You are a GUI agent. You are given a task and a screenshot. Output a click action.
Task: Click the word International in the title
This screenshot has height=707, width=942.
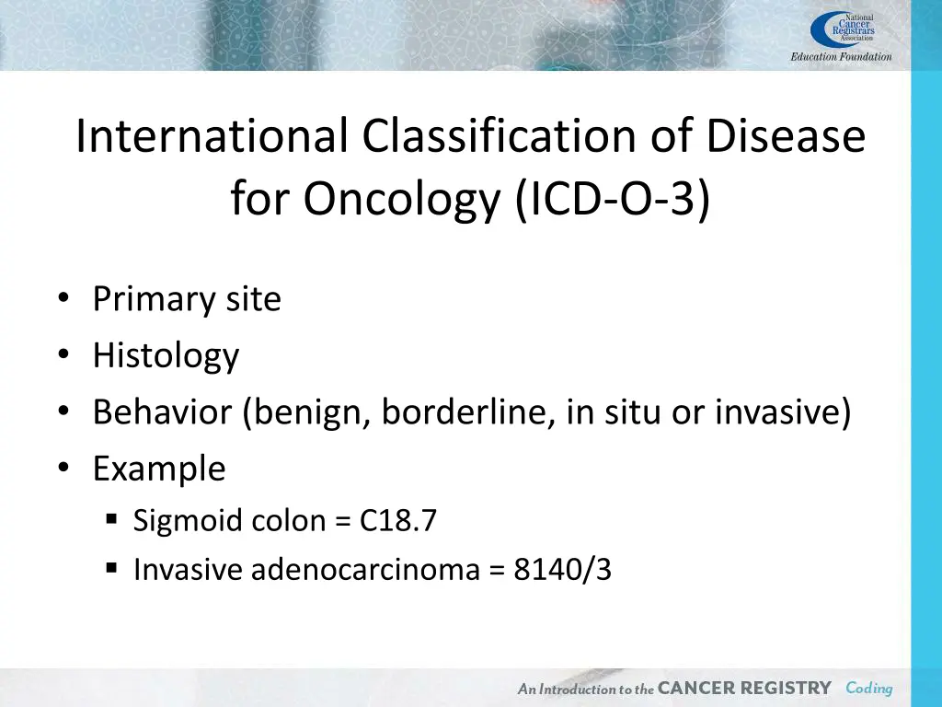pyautogui.click(x=212, y=137)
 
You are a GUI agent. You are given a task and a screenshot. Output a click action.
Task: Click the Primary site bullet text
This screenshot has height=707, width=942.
pyautogui.click(x=187, y=299)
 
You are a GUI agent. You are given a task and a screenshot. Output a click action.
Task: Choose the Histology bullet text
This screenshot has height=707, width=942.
pyautogui.click(x=166, y=355)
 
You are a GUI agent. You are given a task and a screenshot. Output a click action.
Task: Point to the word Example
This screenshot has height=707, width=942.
pyautogui.click(x=158, y=469)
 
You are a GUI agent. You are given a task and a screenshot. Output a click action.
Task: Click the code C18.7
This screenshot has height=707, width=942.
pyautogui.click(x=398, y=521)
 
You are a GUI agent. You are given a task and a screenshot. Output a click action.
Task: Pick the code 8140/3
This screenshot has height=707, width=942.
pyautogui.click(x=563, y=570)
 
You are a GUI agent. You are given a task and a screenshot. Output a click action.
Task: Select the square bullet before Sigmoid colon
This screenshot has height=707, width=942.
pyautogui.click(x=111, y=520)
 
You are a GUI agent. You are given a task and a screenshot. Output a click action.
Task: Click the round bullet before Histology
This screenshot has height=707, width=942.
pyautogui.click(x=62, y=356)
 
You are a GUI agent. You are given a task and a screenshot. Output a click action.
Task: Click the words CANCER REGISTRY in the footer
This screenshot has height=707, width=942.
pyautogui.click(x=744, y=688)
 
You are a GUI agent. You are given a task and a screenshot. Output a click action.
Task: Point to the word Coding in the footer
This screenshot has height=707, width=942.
pyautogui.click(x=869, y=688)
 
